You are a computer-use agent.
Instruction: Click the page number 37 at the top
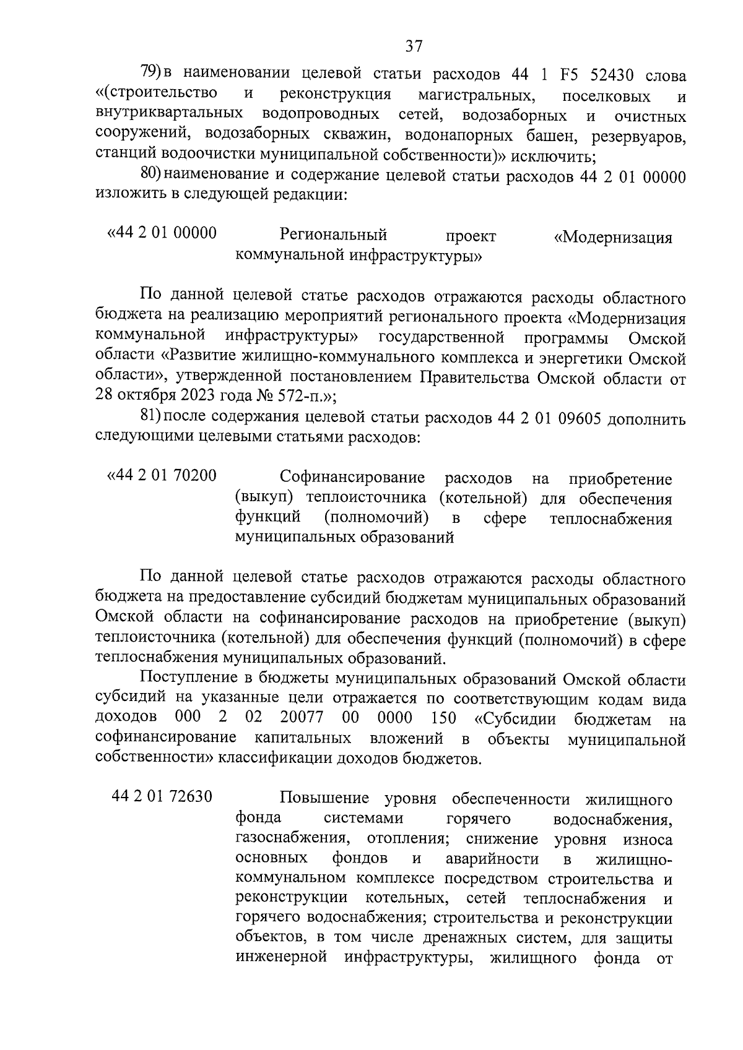point(414,46)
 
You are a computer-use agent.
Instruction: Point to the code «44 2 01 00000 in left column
point(162,233)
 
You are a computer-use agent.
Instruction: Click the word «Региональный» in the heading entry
point(333,235)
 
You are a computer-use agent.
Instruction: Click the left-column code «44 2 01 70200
point(162,476)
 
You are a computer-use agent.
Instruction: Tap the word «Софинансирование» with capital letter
point(352,478)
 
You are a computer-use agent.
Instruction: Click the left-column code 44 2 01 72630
point(162,797)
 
